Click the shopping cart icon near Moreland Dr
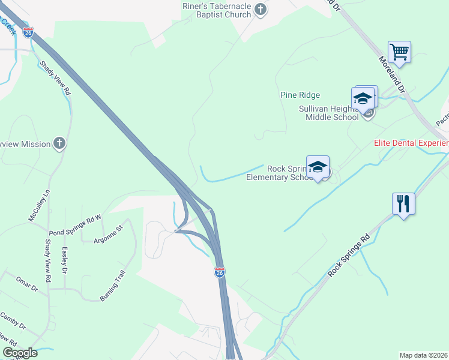coord(399,52)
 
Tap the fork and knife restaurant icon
coord(403,203)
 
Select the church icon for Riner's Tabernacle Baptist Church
coord(261,9)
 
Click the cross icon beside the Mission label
coord(59,143)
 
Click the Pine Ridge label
coord(300,95)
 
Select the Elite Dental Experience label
coord(411,143)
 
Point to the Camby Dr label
coord(13,321)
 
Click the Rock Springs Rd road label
coord(348,258)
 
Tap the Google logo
coord(20,353)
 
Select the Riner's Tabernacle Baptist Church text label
coord(216,9)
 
